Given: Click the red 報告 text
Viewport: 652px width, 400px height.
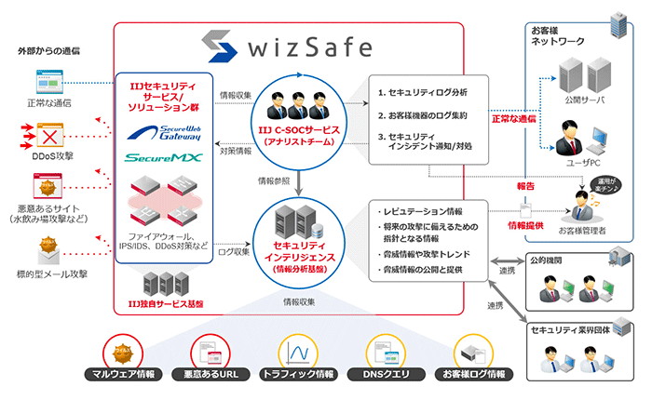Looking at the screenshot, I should tap(525, 185).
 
